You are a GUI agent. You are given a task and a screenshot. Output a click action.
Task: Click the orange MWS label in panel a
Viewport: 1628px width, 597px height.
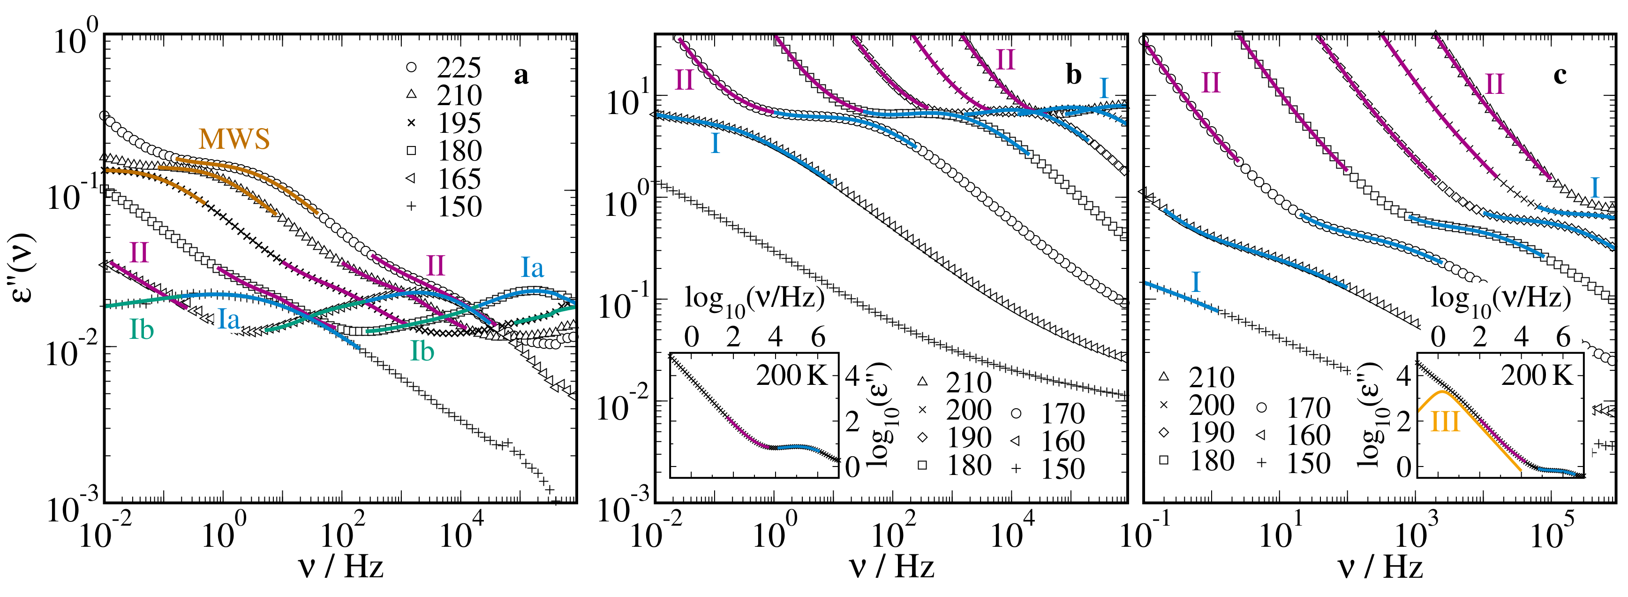[234, 138]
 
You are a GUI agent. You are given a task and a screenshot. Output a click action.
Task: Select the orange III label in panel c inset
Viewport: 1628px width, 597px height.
[1445, 421]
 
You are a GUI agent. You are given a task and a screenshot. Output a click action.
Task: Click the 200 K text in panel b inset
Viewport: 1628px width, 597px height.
[791, 375]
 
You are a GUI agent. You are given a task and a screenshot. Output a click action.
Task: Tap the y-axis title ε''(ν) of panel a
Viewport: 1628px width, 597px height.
[24, 268]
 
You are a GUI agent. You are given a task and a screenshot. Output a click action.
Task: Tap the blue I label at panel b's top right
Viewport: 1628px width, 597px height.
[1103, 88]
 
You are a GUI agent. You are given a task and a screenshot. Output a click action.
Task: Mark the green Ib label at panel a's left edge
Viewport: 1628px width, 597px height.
[142, 329]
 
